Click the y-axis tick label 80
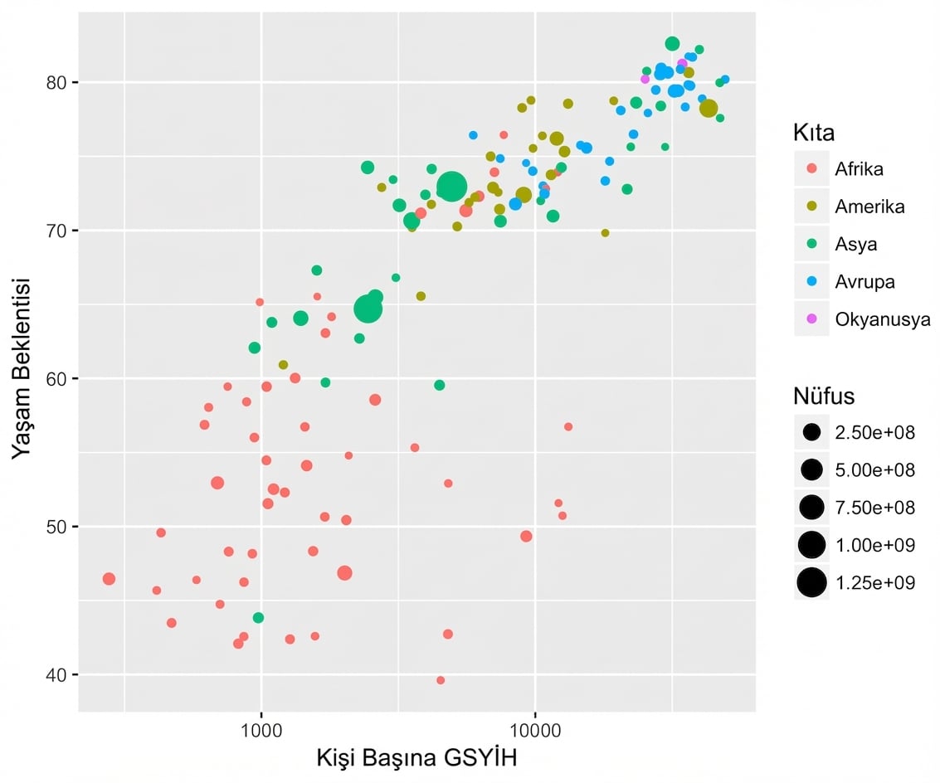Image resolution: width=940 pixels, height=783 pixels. [60, 82]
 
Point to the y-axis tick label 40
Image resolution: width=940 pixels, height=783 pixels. [60, 675]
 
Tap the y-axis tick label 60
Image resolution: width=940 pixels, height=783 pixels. [60, 379]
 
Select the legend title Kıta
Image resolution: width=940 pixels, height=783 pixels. [813, 133]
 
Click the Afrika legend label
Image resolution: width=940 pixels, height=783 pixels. [860, 169]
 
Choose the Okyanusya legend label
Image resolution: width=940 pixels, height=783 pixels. [883, 319]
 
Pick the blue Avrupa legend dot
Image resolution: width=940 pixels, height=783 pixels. [811, 282]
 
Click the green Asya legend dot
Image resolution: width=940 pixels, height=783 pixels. [811, 245]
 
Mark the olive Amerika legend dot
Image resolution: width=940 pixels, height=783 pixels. [811, 207]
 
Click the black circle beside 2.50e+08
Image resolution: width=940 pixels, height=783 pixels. [811, 432]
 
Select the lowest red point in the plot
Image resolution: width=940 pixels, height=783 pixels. [441, 680]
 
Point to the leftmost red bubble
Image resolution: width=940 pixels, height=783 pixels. [109, 579]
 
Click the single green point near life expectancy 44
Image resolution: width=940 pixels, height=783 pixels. [258, 618]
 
